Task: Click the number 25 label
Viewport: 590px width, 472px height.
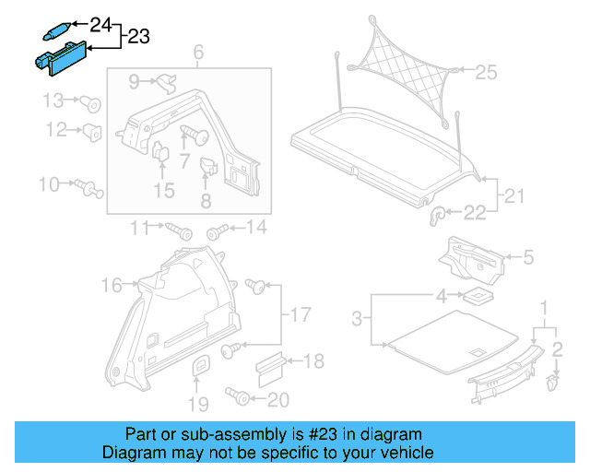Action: pyautogui.click(x=486, y=69)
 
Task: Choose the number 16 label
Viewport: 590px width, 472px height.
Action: pyautogui.click(x=111, y=286)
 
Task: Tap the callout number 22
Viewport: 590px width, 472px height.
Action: pyautogui.click(x=475, y=214)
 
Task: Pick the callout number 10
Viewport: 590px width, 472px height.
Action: pyautogui.click(x=48, y=185)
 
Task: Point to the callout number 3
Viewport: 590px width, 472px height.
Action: pyautogui.click(x=358, y=320)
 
